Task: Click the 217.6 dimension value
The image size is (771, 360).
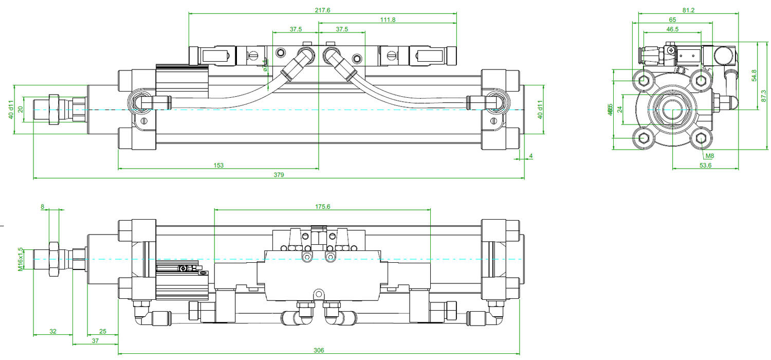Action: [x=322, y=9]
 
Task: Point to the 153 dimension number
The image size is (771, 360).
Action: [x=218, y=165]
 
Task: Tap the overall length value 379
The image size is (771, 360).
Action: [x=279, y=175]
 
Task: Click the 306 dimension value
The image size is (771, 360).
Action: [x=319, y=350]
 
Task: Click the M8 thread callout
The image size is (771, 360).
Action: [x=709, y=156]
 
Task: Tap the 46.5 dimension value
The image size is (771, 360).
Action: [x=672, y=29]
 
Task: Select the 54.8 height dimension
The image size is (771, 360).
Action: [x=754, y=75]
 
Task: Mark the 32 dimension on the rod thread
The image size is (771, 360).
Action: [x=53, y=331]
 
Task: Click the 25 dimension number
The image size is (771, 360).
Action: [x=102, y=331]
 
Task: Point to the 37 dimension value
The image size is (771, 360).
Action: [x=95, y=341]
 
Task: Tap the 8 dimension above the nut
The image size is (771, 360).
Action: [x=43, y=206]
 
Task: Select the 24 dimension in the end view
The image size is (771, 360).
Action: [x=619, y=109]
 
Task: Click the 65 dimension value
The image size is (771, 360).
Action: [x=672, y=20]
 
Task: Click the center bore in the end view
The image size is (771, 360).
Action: [x=672, y=110]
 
